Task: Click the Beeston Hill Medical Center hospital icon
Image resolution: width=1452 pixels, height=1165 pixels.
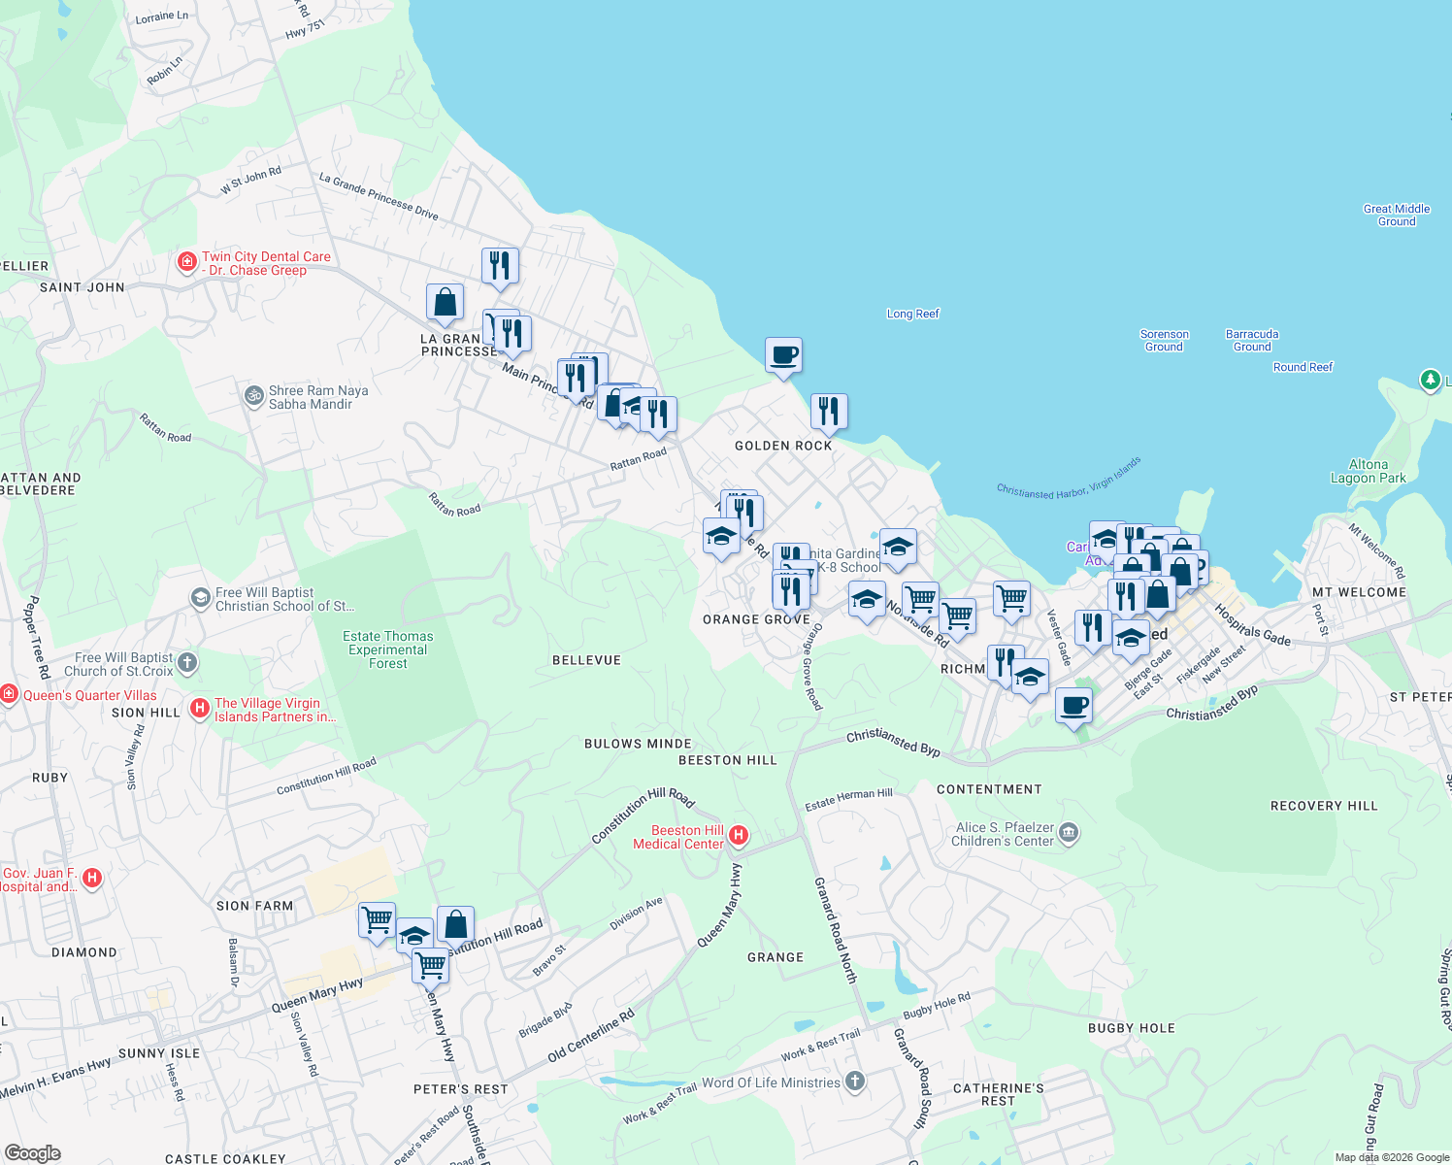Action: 739,835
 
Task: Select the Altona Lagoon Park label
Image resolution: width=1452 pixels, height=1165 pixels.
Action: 1368,472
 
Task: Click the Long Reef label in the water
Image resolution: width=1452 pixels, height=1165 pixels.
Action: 912,314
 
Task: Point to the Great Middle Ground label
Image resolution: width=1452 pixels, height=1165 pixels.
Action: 1396,215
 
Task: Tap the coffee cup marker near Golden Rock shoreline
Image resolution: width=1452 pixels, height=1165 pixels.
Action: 783,355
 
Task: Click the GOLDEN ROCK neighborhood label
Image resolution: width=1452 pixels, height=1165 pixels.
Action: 783,446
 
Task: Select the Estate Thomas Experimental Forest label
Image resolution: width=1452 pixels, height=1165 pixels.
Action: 387,649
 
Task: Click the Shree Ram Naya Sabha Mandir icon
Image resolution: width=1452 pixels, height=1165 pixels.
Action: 253,395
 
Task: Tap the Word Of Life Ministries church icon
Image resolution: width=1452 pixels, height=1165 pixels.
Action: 854,1081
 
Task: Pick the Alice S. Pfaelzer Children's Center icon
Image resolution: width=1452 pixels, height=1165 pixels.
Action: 1069,832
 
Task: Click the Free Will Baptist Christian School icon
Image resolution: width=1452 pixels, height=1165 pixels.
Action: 200,597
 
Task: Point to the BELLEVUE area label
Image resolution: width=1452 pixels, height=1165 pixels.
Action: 586,660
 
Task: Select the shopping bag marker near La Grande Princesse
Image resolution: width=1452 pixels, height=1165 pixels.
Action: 445,302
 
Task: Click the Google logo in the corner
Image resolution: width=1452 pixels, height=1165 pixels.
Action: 32,1153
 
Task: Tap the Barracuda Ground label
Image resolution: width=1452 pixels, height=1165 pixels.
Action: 1251,340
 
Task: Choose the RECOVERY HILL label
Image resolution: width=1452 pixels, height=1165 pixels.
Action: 1324,806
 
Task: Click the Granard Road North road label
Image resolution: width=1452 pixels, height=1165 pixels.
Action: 836,930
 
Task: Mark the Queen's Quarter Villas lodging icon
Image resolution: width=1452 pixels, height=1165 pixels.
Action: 9,694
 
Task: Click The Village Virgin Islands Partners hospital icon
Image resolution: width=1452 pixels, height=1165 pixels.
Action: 200,708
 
